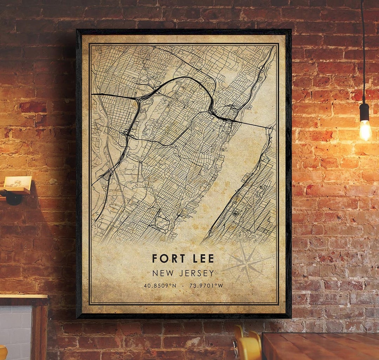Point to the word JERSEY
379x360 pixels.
point(197,273)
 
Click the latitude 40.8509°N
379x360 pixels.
point(160,286)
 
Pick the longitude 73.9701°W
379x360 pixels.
point(206,286)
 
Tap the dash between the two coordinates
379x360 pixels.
point(183,286)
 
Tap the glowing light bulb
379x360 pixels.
point(365,130)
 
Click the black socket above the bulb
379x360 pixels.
point(365,112)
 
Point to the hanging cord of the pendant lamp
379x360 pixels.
point(363,53)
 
